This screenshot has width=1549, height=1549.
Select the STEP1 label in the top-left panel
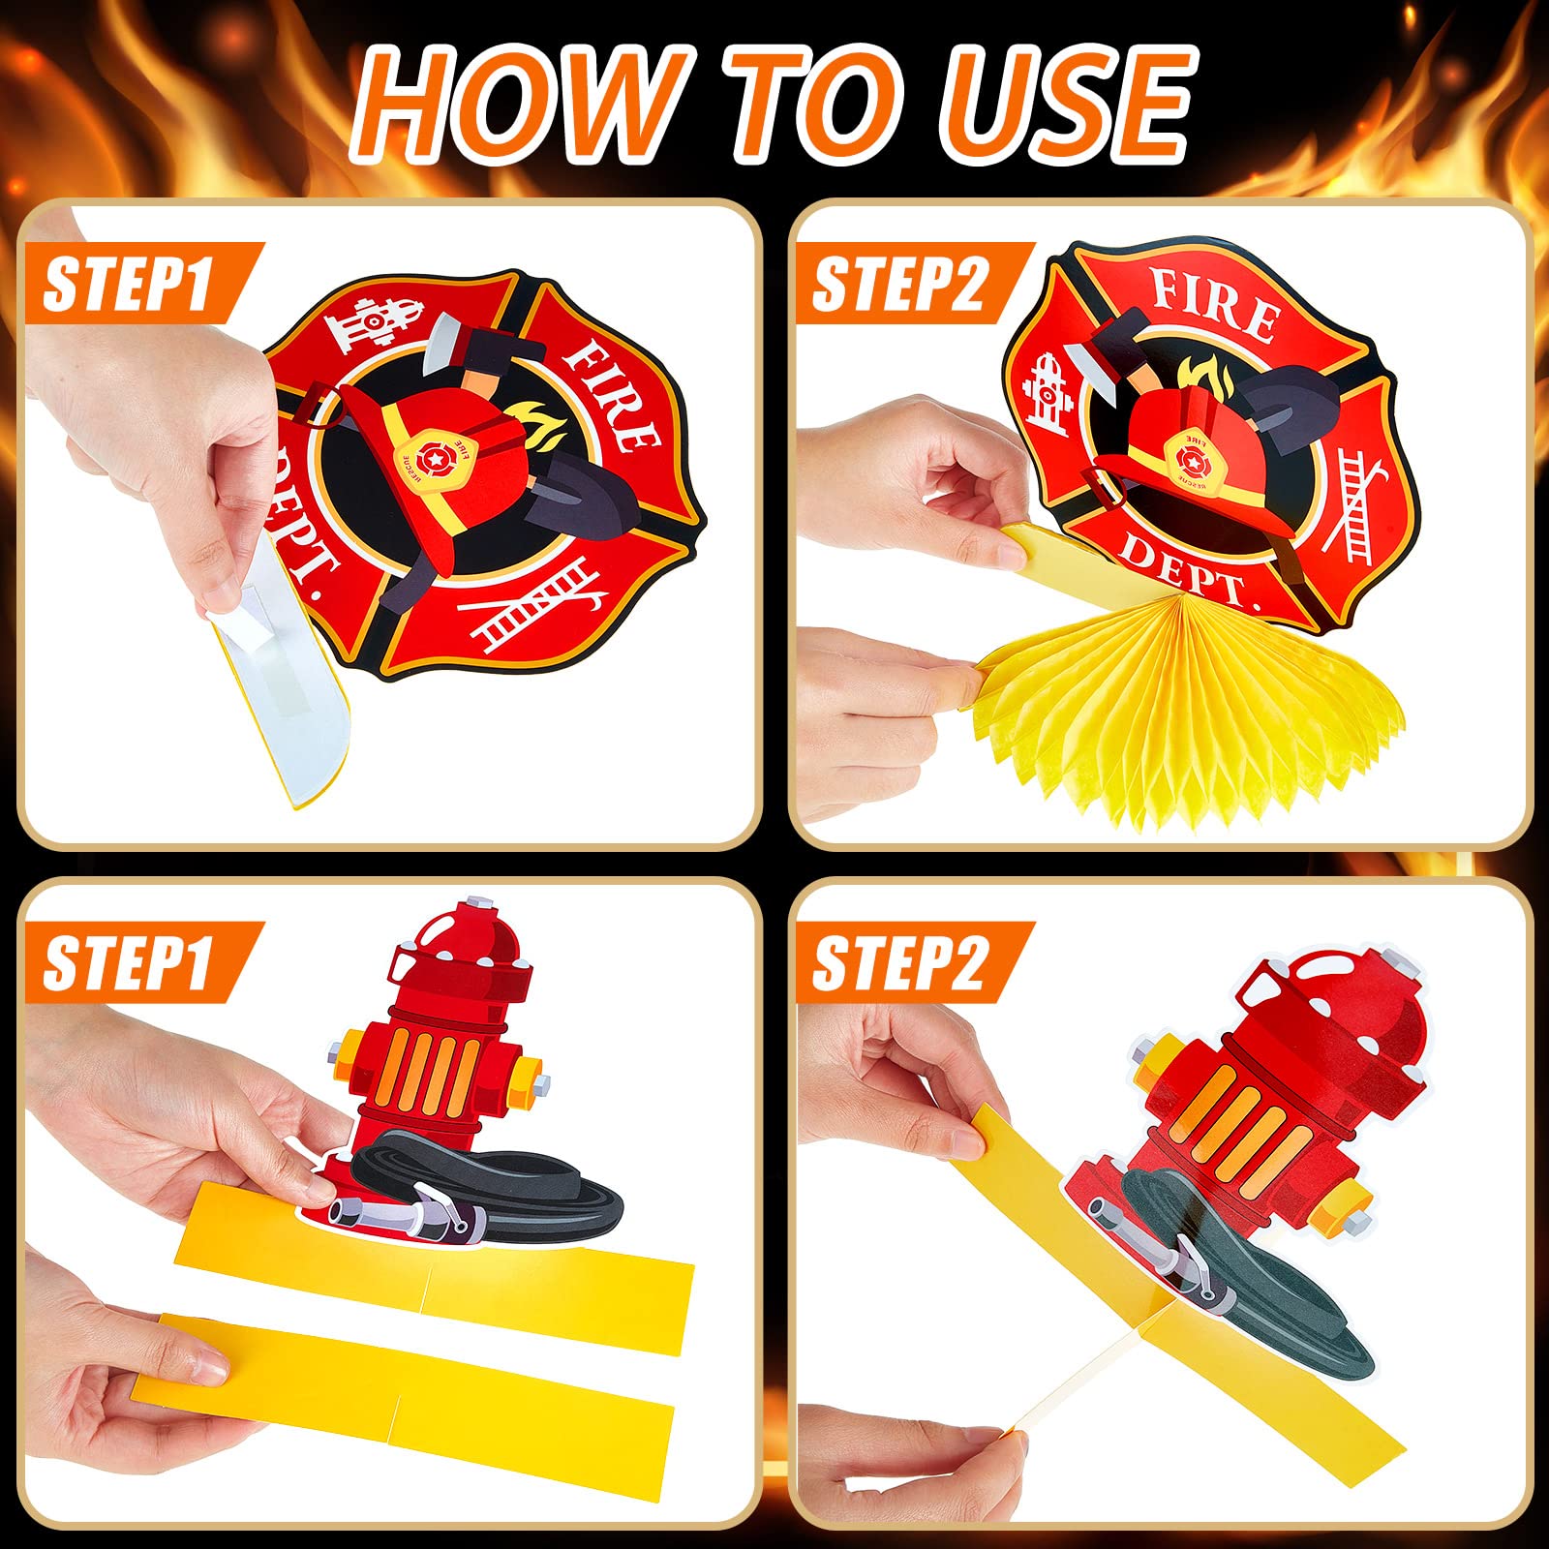(130, 284)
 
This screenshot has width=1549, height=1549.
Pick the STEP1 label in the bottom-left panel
(130, 962)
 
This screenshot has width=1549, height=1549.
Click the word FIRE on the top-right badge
(1214, 303)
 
